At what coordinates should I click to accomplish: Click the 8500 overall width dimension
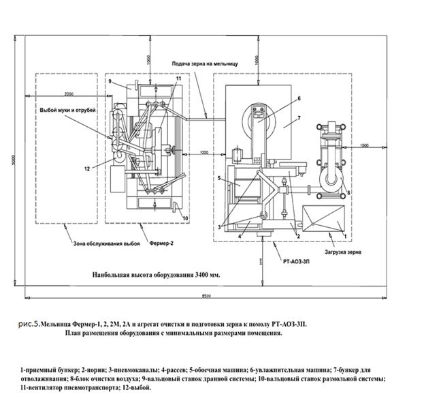[x=205, y=295]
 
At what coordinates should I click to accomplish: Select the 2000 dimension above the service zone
[x=67, y=93]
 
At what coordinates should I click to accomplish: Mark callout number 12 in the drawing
[x=88, y=167]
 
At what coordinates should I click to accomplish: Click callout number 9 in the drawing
[x=109, y=82]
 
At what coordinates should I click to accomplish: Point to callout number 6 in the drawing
[x=297, y=98]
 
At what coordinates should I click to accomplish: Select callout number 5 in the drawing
[x=219, y=178]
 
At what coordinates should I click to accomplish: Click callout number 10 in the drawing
[x=185, y=218]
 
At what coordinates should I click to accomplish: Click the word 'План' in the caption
[x=76, y=334]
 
